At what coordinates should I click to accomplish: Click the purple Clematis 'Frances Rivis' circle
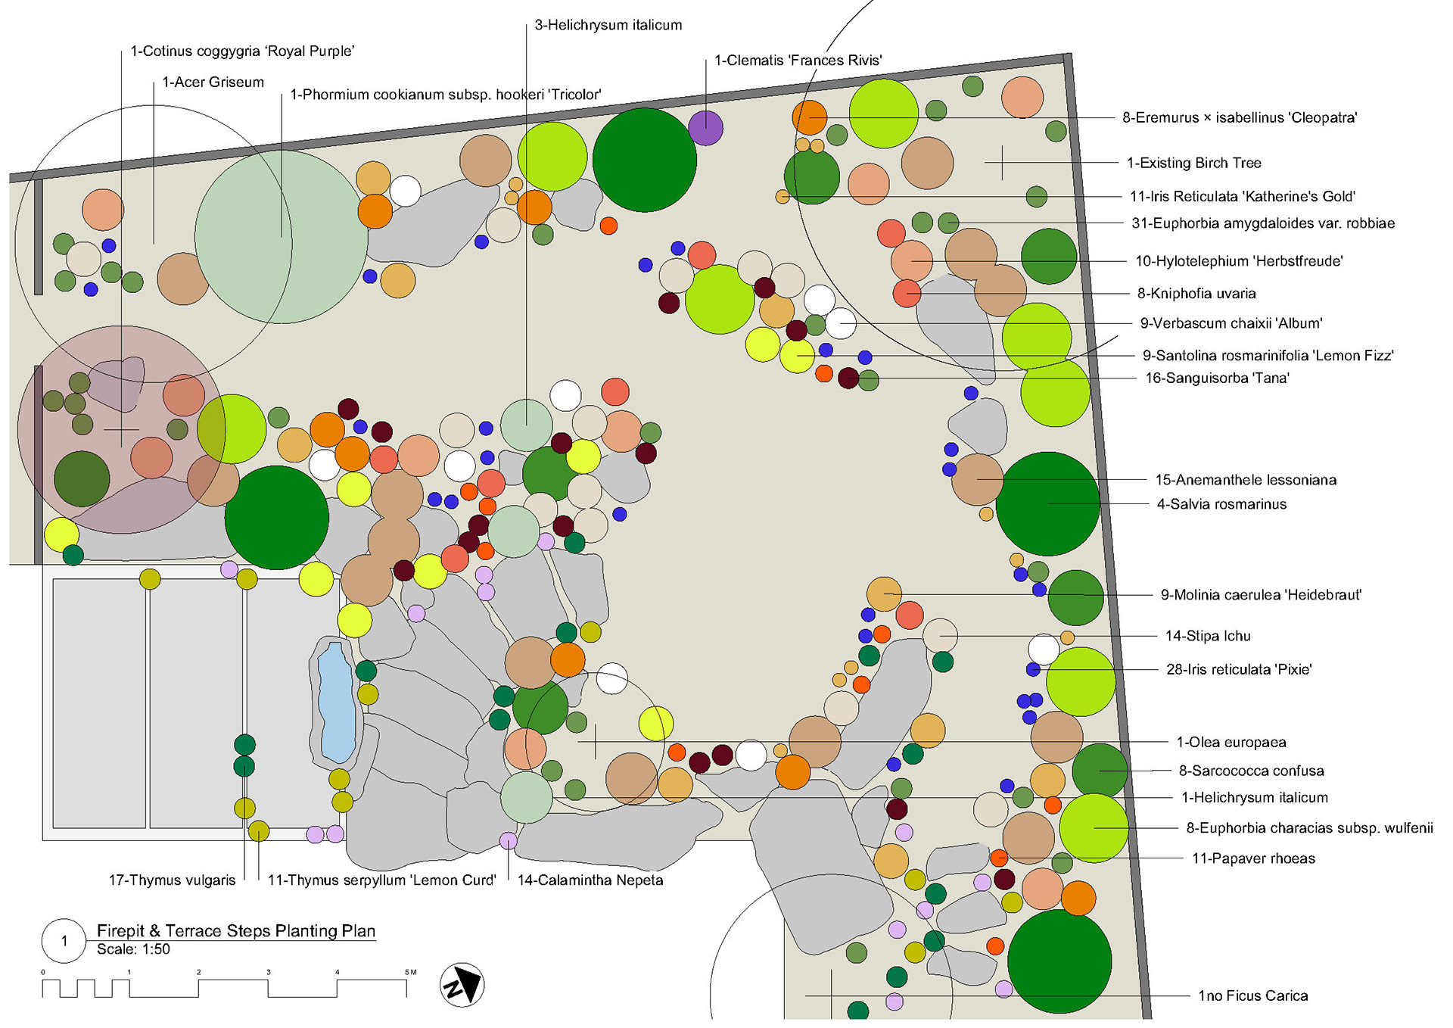[x=705, y=127]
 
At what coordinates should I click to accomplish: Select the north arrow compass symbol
[x=462, y=985]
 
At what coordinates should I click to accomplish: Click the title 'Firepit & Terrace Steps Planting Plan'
[x=236, y=930]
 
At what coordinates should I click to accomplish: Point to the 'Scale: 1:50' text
[x=133, y=949]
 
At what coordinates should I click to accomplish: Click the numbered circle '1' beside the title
[x=64, y=941]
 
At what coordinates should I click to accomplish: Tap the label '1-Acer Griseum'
[x=213, y=82]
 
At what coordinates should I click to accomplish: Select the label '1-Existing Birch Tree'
[x=1193, y=163]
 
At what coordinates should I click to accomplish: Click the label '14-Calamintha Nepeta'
[x=590, y=880]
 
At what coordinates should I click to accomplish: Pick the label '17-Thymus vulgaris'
[x=172, y=880]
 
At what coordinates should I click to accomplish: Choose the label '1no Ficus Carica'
[x=1252, y=995]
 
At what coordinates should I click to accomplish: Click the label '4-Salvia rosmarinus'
[x=1221, y=504]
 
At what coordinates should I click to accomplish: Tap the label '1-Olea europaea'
[x=1231, y=743]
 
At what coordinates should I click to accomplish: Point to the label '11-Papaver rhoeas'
[x=1253, y=858]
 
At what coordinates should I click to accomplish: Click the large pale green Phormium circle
[x=281, y=237]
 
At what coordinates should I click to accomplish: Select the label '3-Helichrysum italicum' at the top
[x=608, y=25]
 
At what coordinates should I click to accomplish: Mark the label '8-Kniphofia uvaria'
[x=1196, y=294]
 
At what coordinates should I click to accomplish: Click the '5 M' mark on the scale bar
[x=410, y=973]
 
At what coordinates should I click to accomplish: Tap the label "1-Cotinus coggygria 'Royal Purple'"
[x=242, y=51]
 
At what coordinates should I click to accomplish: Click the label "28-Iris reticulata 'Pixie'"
[x=1238, y=669]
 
